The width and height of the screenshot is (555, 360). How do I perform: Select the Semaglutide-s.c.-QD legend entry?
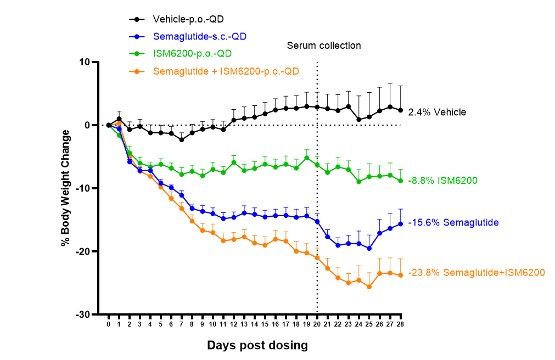tap(200, 37)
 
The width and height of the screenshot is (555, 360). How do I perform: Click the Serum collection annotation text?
tap(324, 46)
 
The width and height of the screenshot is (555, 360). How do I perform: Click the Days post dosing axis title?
tap(257, 346)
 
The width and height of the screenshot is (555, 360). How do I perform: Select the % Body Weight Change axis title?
tap(66, 188)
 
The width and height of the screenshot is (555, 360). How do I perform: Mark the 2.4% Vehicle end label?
tap(437, 112)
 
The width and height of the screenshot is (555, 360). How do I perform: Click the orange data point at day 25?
tap(369, 287)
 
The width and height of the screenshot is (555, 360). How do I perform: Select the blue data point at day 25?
tap(369, 249)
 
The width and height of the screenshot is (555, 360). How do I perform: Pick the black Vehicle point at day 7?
tap(182, 139)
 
